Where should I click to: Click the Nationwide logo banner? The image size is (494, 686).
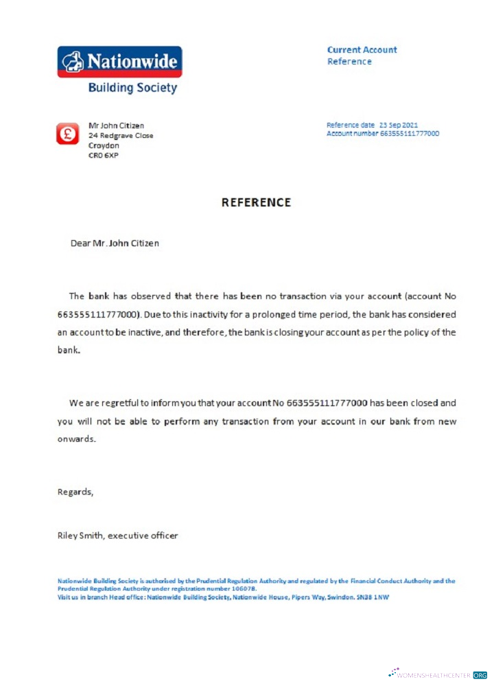click(x=119, y=62)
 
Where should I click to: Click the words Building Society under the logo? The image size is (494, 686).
click(x=132, y=88)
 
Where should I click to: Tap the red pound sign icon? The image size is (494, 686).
click(x=67, y=134)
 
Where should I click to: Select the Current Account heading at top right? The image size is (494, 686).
click(x=362, y=49)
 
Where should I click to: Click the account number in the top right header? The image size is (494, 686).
click(x=410, y=133)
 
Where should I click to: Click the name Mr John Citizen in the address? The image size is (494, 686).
click(x=117, y=126)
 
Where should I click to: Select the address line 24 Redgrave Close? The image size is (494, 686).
click(x=121, y=135)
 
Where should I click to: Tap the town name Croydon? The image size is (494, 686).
click(x=104, y=145)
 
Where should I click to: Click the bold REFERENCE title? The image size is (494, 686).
click(x=256, y=202)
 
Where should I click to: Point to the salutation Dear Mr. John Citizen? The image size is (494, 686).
click(x=115, y=243)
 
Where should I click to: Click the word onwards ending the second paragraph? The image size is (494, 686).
click(x=76, y=438)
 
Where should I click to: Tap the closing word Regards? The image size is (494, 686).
click(x=75, y=491)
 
